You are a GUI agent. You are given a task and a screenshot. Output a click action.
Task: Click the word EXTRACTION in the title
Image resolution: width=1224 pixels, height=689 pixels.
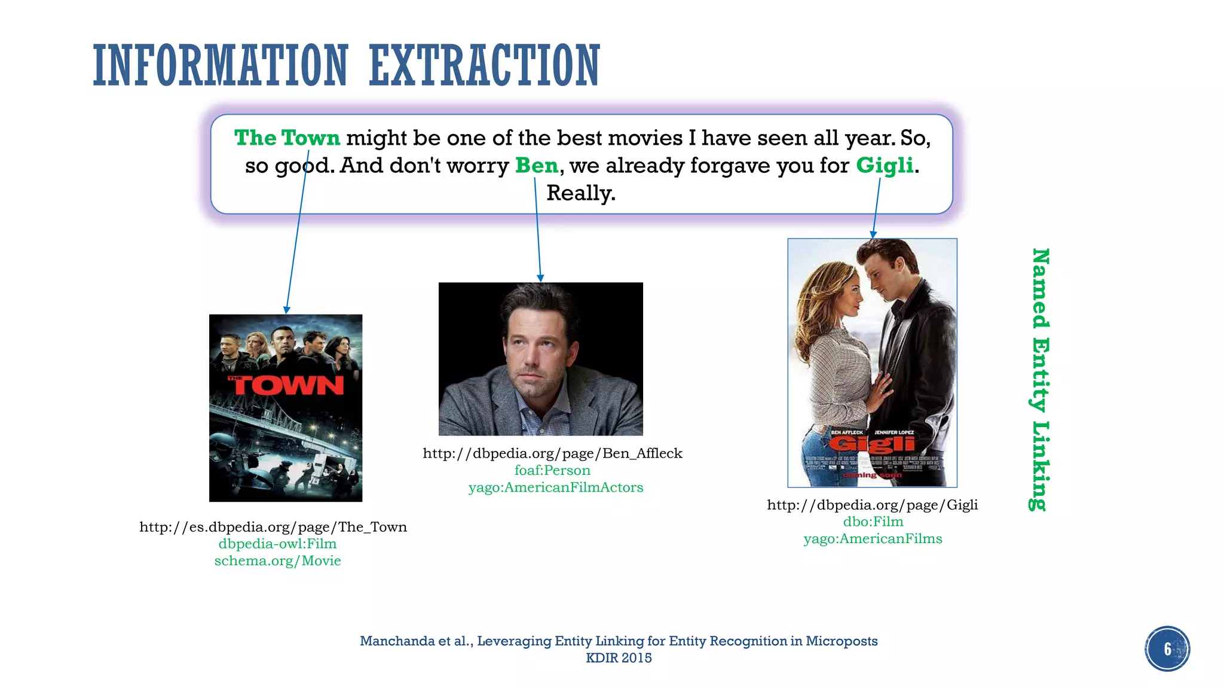point(484,66)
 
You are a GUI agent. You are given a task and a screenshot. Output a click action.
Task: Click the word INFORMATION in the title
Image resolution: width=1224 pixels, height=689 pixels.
point(221,66)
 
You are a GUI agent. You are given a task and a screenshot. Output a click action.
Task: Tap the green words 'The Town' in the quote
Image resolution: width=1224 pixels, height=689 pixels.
point(287,138)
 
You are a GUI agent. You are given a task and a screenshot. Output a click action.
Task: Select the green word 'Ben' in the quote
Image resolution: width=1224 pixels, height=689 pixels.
point(537,166)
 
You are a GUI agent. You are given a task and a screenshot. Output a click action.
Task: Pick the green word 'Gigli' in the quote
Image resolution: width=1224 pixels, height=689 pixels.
point(885,166)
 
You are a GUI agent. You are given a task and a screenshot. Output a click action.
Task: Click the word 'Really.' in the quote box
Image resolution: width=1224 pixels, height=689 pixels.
point(581,193)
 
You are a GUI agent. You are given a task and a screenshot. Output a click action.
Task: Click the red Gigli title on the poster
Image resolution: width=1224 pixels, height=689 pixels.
point(872,444)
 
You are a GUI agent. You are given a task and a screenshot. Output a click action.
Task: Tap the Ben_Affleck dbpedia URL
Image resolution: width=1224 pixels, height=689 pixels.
point(552,453)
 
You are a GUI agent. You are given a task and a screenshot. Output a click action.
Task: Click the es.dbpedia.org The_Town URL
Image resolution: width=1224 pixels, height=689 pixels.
point(273,527)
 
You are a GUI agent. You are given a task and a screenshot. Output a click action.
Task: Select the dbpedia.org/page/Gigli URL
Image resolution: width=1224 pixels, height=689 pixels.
point(873,505)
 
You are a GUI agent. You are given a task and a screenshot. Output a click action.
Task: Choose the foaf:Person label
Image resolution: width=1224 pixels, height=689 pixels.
point(552,471)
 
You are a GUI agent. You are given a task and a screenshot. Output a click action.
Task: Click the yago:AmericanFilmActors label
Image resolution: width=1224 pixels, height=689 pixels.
point(556,487)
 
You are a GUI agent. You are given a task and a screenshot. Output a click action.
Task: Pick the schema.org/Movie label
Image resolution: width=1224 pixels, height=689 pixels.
point(277,561)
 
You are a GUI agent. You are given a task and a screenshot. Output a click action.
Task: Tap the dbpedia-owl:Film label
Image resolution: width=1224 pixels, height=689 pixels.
point(277,544)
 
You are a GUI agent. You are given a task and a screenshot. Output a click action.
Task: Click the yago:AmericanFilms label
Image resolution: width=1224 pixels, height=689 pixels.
point(873,539)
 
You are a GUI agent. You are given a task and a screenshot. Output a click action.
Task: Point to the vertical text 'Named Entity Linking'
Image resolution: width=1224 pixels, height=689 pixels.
point(1041,380)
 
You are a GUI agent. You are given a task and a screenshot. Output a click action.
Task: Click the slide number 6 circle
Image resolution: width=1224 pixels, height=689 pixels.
point(1167,649)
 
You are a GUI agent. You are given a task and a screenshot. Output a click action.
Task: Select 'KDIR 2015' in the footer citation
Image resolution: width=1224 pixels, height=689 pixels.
point(619,658)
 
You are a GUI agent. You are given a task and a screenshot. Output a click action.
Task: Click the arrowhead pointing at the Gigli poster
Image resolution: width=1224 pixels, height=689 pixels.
point(873,234)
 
